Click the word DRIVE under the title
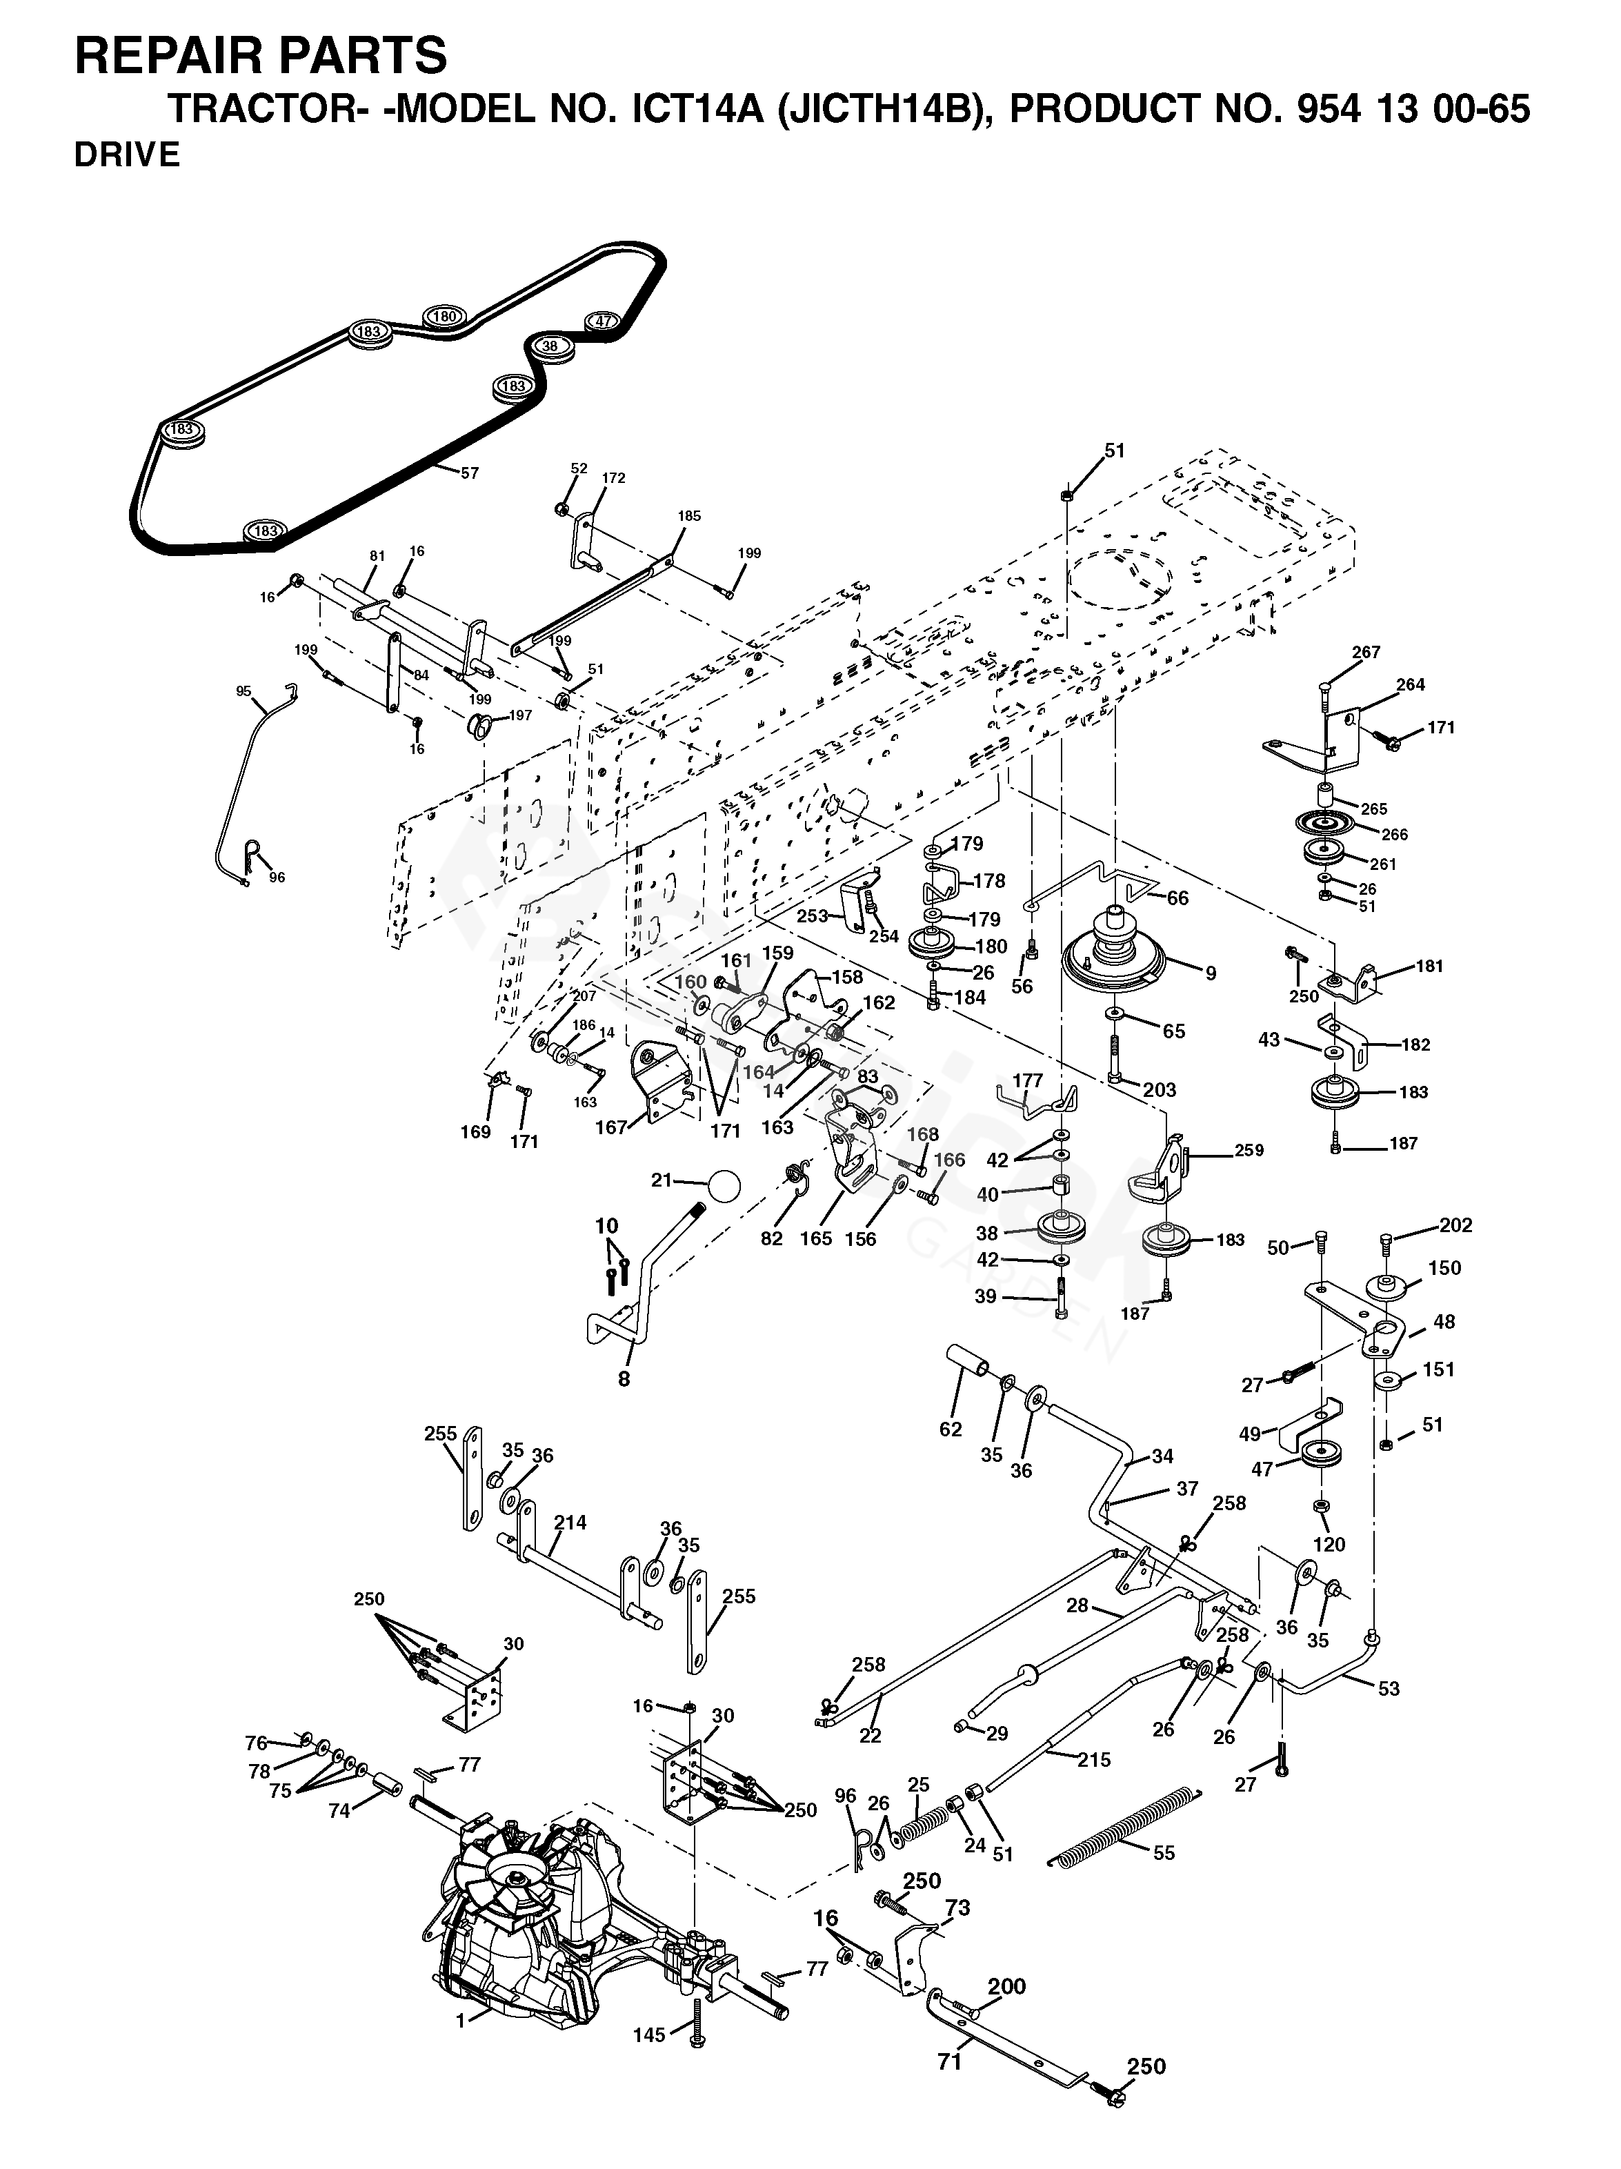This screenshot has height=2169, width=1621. tap(128, 155)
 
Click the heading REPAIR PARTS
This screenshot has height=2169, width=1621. tap(261, 55)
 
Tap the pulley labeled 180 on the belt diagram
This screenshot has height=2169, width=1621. tap(444, 316)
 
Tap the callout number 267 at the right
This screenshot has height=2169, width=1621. tap(1365, 652)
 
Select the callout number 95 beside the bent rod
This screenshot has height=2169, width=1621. tap(243, 691)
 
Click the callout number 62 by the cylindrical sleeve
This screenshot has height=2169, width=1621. tap(951, 1429)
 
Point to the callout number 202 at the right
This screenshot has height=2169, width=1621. tap(1456, 1225)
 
